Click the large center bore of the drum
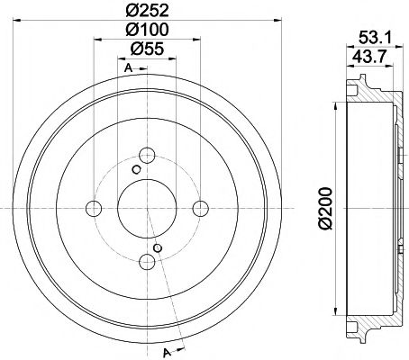tap(147, 208)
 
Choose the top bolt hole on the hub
tap(146, 154)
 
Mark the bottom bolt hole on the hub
tap(147, 262)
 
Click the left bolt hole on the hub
tap(93, 208)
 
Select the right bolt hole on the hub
tap(201, 208)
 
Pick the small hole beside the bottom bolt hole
tap(158, 247)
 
